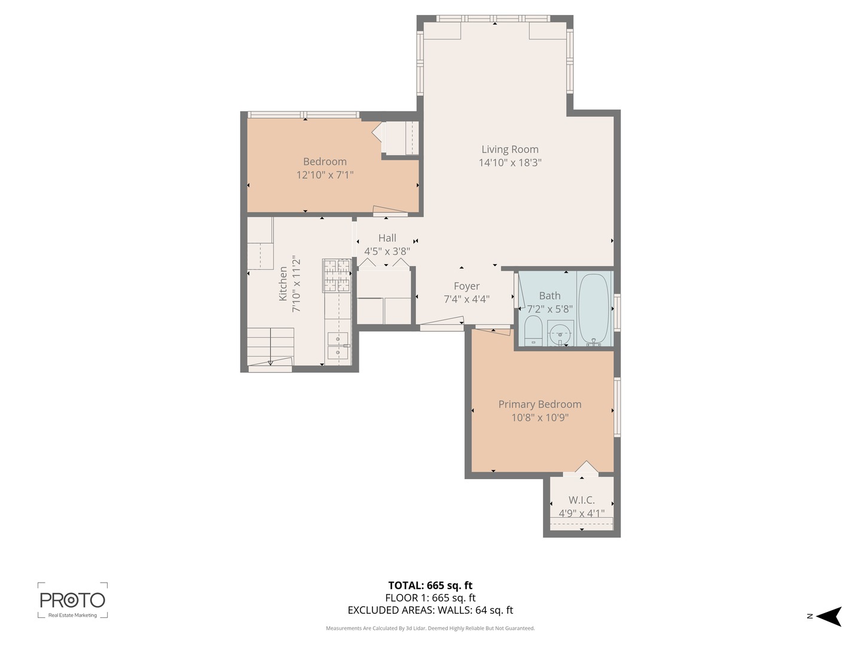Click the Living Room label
coord(509,150)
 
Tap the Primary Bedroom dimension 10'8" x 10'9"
coord(539,418)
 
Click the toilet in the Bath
coord(533,331)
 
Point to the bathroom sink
coord(560,333)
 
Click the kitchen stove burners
coord(337,275)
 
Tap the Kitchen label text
coord(283,284)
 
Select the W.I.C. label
coord(581,500)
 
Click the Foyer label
coord(466,286)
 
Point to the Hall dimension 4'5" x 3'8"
coord(387,251)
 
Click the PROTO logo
coord(72,600)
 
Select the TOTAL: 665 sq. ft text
coord(430,586)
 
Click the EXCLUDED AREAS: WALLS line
coord(430,610)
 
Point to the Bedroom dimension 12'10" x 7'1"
coord(325,175)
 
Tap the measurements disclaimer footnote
coord(430,628)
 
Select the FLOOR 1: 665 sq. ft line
coord(430,598)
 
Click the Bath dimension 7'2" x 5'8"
coord(549,309)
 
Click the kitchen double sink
coord(338,346)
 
